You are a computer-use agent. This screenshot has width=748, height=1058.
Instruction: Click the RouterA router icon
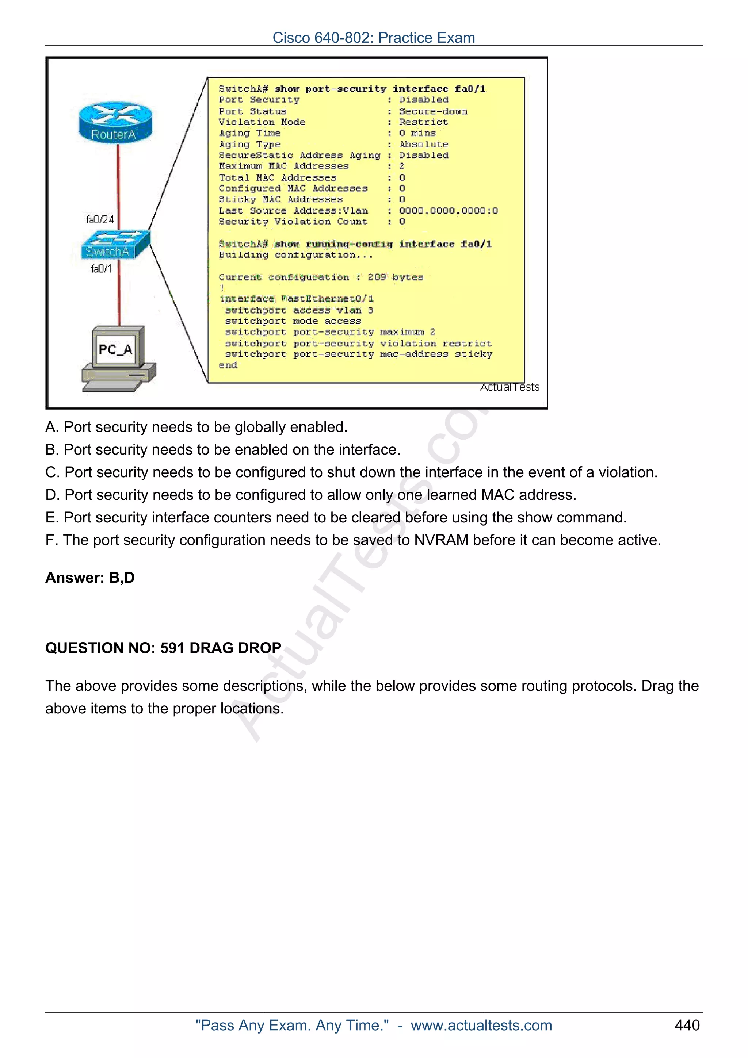tap(115, 122)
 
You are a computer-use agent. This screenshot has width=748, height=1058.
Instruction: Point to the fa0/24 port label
tap(100, 219)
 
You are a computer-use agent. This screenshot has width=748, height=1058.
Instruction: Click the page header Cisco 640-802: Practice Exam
tap(373, 38)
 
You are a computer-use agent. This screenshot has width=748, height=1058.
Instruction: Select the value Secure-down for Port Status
tap(433, 111)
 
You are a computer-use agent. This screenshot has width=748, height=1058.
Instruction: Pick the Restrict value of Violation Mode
tap(423, 122)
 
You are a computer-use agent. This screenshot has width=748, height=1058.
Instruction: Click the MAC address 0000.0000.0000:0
tap(448, 211)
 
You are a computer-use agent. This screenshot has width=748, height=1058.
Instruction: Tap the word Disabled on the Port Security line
tap(424, 100)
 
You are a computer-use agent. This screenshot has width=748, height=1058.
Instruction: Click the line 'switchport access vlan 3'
tap(299, 310)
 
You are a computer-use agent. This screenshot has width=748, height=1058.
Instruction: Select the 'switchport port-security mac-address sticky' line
tap(358, 354)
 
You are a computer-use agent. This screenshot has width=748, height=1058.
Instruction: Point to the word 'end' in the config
tap(228, 365)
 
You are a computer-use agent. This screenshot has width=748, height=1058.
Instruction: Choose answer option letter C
tap(50, 472)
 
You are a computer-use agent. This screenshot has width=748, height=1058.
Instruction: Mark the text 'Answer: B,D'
tap(90, 578)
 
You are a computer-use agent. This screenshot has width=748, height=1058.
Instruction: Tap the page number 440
tap(687, 1025)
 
